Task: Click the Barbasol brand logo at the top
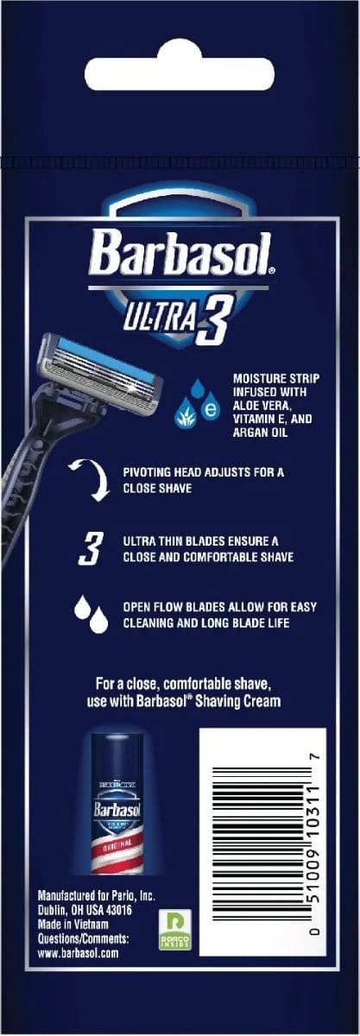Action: pyautogui.click(x=182, y=253)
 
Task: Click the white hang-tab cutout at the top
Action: pyautogui.click(x=179, y=68)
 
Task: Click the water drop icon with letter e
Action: pyautogui.click(x=211, y=408)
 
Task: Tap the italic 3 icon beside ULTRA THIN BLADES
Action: pyautogui.click(x=91, y=548)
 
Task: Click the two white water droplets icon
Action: pyautogui.click(x=92, y=614)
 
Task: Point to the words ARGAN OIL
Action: pyautogui.click(x=260, y=433)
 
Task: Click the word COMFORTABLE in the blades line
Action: pyautogui.click(x=224, y=557)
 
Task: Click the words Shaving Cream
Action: pyautogui.click(x=237, y=701)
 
